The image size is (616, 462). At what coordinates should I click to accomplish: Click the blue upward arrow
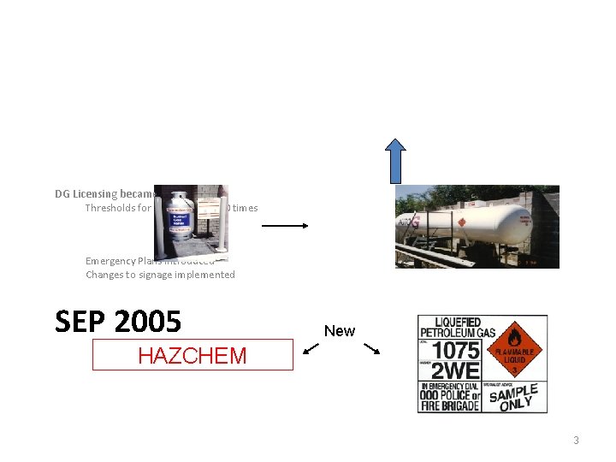coord(394,160)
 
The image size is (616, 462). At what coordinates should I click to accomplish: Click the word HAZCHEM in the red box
coord(192,355)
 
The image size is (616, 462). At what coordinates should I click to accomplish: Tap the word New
coord(340,331)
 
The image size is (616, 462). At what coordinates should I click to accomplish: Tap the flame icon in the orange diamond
coord(513,335)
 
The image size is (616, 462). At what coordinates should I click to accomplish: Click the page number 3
coord(576,441)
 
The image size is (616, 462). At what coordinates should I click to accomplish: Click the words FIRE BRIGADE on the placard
coord(450,403)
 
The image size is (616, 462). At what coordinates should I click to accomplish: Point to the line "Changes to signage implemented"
coord(160,275)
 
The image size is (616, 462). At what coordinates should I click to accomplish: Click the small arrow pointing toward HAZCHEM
coord(311,348)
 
